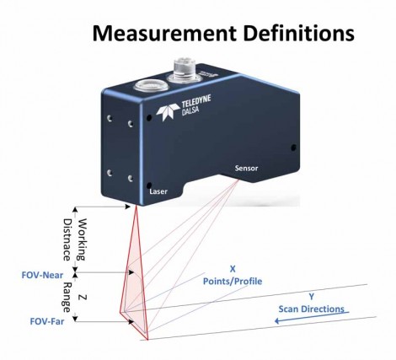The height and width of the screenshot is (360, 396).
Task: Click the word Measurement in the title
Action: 164,33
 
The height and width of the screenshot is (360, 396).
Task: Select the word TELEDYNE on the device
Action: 196,101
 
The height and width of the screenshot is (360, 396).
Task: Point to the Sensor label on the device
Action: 246,169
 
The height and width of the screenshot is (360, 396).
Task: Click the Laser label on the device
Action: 158,191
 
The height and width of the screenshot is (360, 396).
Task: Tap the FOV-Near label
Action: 42,275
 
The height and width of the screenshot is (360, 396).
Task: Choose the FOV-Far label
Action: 47,321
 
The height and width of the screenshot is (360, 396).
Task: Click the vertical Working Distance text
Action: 74,239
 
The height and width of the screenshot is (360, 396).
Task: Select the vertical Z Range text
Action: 74,297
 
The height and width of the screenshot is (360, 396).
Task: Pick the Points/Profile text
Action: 233,282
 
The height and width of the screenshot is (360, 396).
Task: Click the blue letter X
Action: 233,269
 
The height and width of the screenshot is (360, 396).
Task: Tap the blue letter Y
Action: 311,297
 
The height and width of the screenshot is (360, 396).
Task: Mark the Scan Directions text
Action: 311,309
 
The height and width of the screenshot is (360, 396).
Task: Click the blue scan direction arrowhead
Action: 277,320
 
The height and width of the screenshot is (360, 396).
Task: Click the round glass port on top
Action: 151,84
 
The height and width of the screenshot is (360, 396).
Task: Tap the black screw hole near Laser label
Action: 150,185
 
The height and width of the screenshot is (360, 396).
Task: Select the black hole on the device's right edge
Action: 294,148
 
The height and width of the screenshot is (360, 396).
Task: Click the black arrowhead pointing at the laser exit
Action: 128,207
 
